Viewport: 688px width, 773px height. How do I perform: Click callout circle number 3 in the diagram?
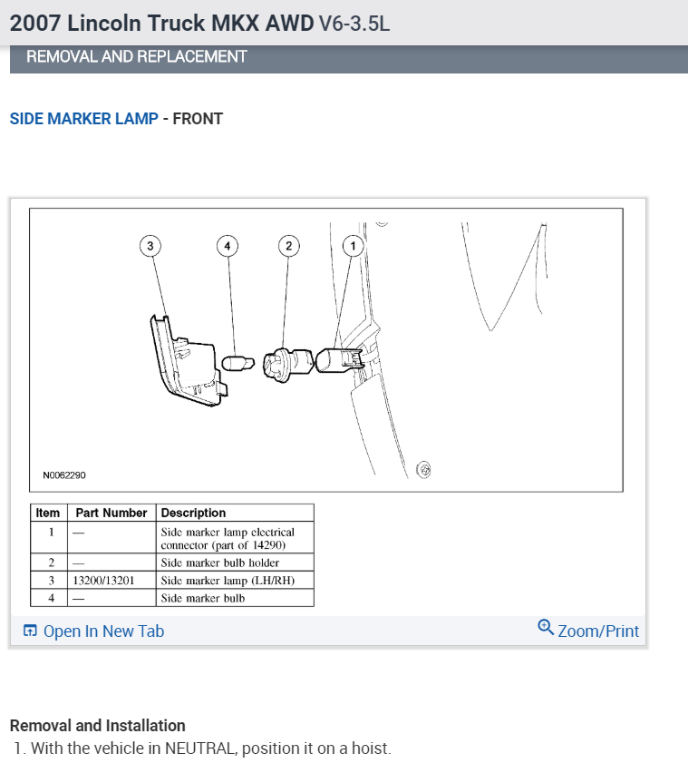(150, 246)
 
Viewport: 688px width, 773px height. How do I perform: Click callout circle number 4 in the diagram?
(228, 246)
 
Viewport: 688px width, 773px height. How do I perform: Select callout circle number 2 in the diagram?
(288, 246)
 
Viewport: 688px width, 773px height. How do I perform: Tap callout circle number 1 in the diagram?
(354, 246)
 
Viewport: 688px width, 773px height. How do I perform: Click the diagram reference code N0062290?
(64, 475)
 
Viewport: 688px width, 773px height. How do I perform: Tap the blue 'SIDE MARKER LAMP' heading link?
(83, 119)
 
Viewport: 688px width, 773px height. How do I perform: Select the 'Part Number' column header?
(111, 514)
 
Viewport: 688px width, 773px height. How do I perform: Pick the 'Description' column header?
(193, 514)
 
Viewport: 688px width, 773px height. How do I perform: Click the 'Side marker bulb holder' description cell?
(220, 563)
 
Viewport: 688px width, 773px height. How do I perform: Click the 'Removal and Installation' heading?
(97, 726)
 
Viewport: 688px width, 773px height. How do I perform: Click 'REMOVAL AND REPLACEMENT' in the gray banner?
(137, 57)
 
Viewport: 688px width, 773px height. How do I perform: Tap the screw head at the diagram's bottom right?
(423, 469)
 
